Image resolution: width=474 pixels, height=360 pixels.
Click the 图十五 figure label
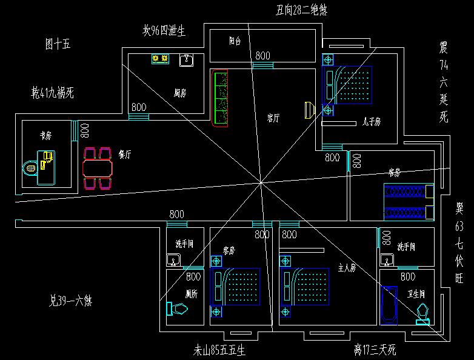[58, 44]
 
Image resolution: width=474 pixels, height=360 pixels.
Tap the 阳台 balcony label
[235, 41]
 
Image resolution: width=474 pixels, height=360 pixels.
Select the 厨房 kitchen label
[179, 93]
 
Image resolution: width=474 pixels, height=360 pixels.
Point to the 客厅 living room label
[273, 118]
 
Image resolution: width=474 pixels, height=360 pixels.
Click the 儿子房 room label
[371, 122]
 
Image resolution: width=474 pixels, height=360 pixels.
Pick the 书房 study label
[45, 135]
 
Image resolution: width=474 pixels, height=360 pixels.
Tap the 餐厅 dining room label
[125, 154]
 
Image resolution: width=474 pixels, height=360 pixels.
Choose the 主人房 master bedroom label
[347, 267]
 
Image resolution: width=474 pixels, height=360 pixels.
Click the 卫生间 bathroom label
[416, 293]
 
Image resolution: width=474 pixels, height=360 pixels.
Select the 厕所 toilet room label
[193, 293]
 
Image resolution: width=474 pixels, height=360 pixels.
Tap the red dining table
[98, 166]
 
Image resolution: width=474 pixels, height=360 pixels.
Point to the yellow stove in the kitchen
[160, 59]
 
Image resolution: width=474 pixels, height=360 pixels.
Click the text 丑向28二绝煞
[301, 10]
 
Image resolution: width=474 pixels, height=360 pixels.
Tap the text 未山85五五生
[219, 350]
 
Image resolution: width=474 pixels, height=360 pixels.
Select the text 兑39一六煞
[74, 300]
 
